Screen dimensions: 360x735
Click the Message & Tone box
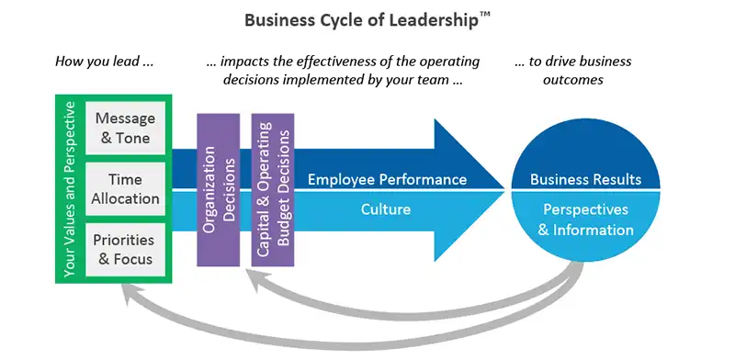coord(127,129)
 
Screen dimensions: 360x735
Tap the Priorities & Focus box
coord(127,247)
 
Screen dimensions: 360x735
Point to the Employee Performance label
coord(387,179)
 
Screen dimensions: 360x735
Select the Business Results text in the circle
coord(586,179)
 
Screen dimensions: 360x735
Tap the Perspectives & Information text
coord(586,220)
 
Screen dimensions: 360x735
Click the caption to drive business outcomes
coord(573,70)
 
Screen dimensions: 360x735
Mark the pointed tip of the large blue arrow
coord(503,190)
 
